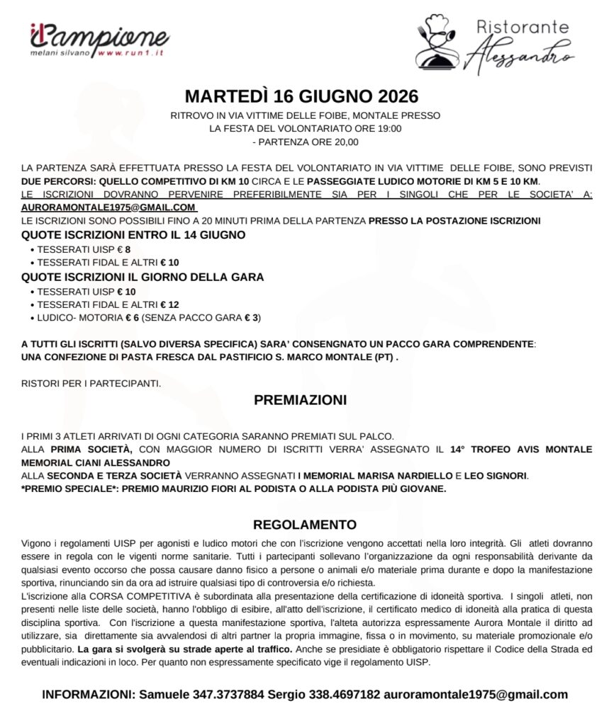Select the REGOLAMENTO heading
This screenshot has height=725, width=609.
(305, 525)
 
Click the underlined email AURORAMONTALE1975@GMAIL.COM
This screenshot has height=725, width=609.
(108, 207)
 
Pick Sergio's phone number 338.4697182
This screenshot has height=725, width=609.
(343, 695)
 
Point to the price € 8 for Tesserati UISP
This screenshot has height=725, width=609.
(123, 249)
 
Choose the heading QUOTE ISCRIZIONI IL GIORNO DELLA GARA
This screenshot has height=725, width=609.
(143, 277)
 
